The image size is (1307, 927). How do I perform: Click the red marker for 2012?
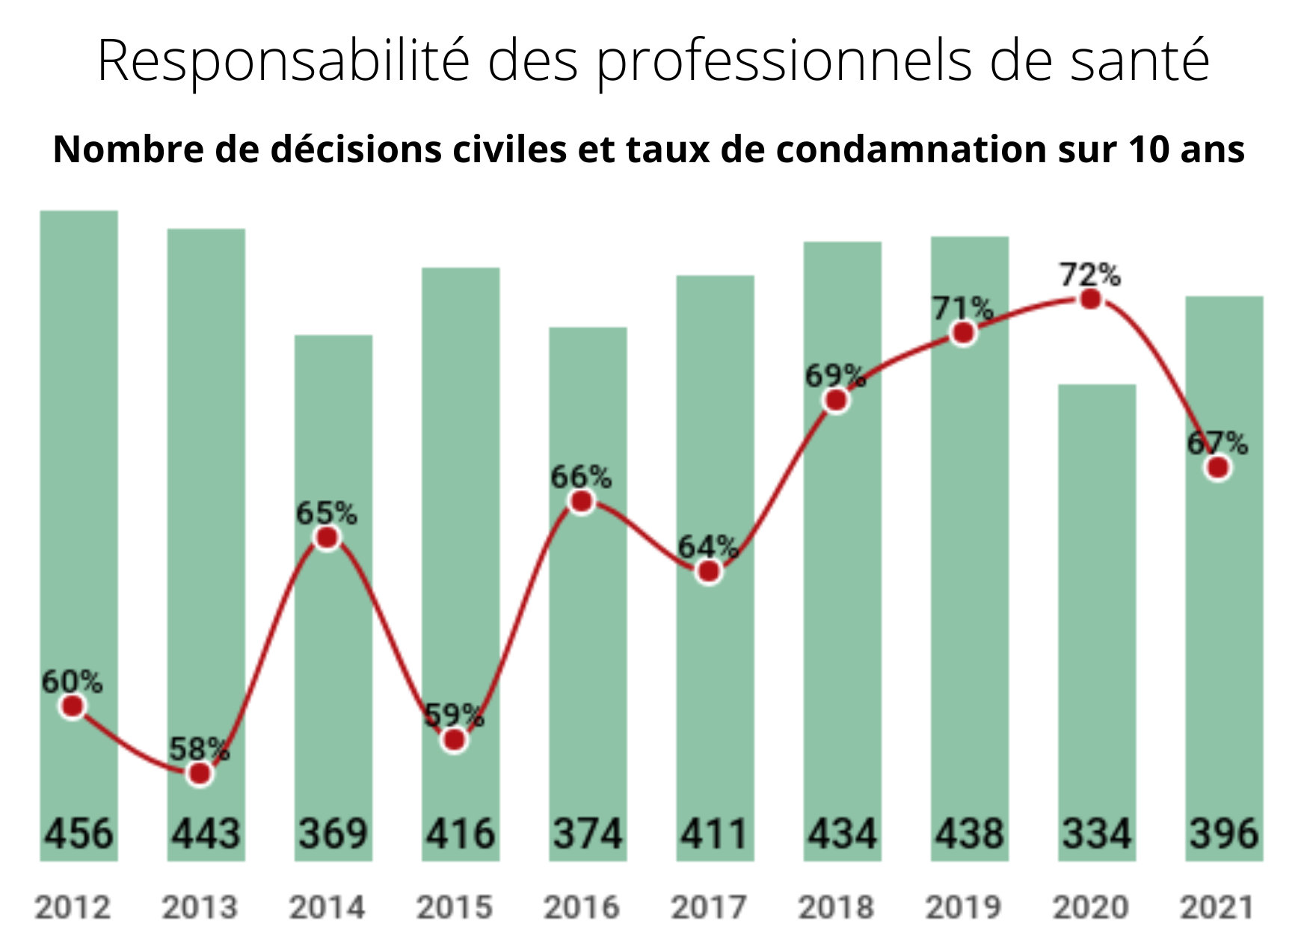[x=73, y=706]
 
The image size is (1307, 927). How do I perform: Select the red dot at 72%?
[x=1091, y=300]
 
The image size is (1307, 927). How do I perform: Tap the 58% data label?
[x=199, y=748]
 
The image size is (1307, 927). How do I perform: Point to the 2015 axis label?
[x=454, y=908]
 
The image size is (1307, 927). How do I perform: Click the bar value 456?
[x=79, y=834]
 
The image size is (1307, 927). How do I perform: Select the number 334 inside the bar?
[x=1097, y=834]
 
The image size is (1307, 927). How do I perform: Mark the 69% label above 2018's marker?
[x=835, y=375]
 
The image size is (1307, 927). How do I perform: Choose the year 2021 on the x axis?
[x=1217, y=908]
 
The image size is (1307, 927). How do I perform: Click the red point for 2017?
[x=709, y=572]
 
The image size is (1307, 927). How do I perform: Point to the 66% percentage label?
[x=581, y=477]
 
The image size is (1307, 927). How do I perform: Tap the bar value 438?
[x=969, y=834]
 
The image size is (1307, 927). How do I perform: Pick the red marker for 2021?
[x=1219, y=469]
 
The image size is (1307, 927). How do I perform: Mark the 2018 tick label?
[x=836, y=908]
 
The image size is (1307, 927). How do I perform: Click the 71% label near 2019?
[x=962, y=308]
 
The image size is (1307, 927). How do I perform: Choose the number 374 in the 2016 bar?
[x=588, y=834]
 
